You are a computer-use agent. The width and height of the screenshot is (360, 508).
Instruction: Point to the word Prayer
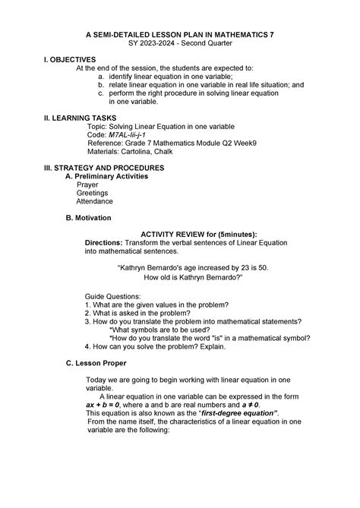(87, 185)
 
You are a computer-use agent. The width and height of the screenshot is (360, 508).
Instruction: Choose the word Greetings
(93, 193)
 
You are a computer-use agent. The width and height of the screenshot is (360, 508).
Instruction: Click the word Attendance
(95, 201)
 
